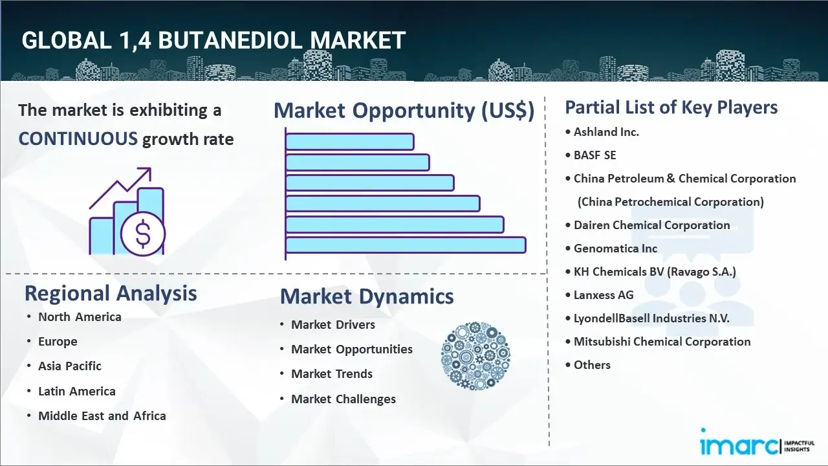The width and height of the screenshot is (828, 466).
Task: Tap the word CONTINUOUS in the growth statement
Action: coord(78,139)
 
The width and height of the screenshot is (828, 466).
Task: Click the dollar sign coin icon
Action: coord(143,234)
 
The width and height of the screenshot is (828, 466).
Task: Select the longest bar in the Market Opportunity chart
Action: coord(406,245)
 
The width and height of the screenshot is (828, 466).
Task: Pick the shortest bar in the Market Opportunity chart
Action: coord(350,142)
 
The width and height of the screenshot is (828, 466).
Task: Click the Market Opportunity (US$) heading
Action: coord(404,111)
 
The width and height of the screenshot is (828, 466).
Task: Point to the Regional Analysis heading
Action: coord(111,293)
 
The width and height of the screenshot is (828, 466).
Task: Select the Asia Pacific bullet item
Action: coord(70,366)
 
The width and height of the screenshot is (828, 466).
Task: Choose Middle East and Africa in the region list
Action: coord(102,416)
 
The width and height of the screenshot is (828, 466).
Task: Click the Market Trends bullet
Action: coord(332,374)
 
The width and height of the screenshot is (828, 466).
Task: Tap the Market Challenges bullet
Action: coord(343,399)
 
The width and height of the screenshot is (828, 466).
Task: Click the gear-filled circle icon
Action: coord(475,356)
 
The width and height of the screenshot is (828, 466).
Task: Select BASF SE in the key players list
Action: coord(594,155)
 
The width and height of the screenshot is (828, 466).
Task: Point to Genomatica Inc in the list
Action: coord(615,249)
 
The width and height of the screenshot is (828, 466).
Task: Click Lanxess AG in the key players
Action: coord(604,295)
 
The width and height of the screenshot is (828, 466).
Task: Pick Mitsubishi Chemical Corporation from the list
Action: coord(662,342)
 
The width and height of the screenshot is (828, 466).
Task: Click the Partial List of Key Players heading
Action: coord(671,107)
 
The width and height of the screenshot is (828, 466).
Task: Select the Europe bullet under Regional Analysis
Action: coord(58,342)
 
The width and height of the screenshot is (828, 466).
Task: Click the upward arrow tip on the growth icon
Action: coord(151,169)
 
